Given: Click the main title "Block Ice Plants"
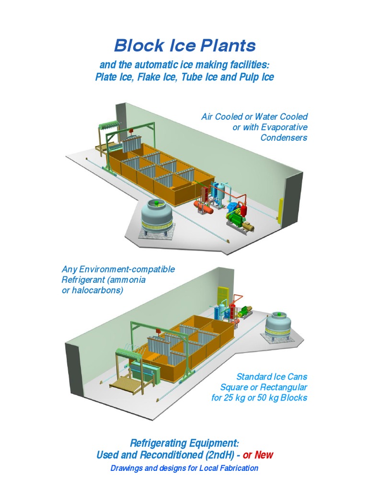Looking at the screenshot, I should tap(184, 46).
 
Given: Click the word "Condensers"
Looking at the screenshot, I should tap(284, 138).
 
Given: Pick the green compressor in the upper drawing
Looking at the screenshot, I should tap(236, 219).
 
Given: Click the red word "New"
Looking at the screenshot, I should tap(264, 455).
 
